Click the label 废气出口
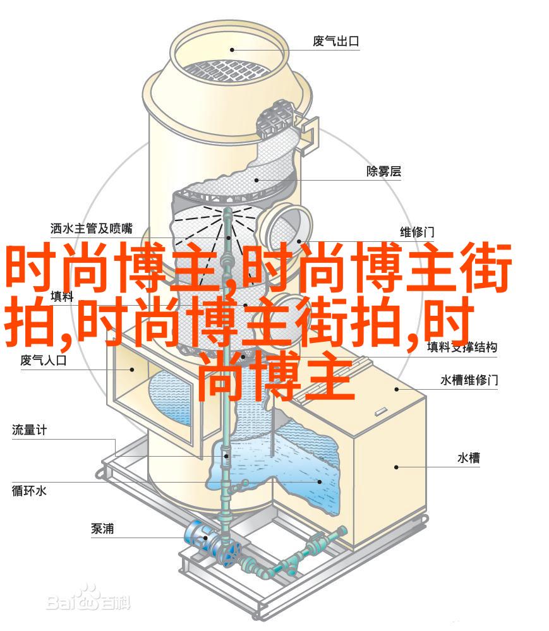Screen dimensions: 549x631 click(335, 41)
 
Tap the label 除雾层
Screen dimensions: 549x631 click(383, 171)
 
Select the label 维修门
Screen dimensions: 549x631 click(417, 232)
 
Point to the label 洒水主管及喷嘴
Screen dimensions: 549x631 click(92, 228)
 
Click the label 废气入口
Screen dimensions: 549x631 click(44, 360)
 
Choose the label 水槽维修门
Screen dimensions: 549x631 click(469, 380)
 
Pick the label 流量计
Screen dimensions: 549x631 click(30, 430)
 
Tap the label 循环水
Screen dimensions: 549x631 click(29, 491)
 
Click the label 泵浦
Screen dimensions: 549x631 click(102, 529)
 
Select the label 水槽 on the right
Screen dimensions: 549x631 click(469, 457)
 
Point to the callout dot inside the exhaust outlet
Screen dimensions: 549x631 click(232, 50)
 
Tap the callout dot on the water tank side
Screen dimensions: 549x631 click(397, 467)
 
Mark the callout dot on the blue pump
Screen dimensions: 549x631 click(205, 538)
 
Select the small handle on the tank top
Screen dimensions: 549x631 click(381, 412)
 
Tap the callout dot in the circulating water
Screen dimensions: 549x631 click(320, 481)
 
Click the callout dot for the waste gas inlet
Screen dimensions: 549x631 click(131, 369)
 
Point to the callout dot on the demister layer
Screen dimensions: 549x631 click(256, 180)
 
